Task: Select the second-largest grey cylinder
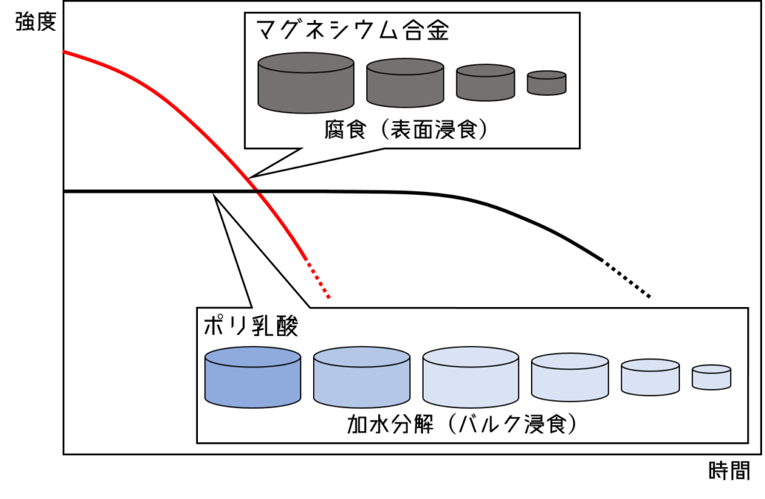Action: coord(405,84)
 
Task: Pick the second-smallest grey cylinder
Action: coord(486,83)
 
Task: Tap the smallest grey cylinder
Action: coord(547,84)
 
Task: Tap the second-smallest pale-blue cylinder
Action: coord(650,378)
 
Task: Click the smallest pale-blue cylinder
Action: coord(711,378)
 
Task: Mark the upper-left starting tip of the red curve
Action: coord(64,52)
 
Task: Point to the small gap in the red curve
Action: coord(256,190)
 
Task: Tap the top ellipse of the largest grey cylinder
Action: coord(306,63)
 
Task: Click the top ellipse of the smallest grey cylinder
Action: coord(547,75)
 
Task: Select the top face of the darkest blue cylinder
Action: coord(253,357)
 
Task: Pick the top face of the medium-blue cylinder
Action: coord(362,357)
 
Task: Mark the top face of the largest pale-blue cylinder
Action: coord(471,357)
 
